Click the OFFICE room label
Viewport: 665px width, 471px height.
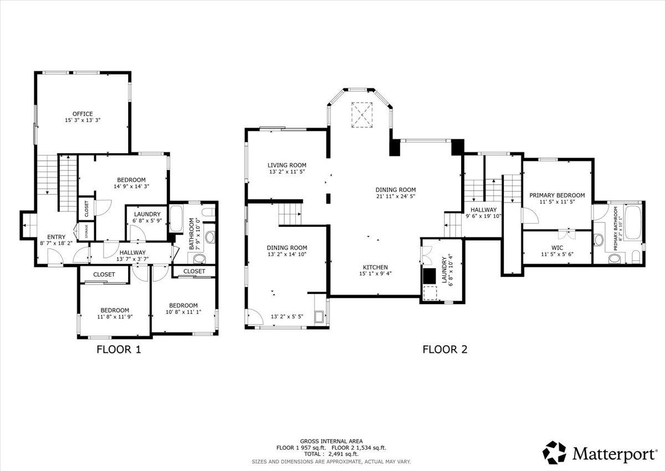coord(83,114)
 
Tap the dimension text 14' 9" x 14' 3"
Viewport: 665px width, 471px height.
coord(131,186)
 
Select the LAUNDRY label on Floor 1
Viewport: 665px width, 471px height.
coord(147,214)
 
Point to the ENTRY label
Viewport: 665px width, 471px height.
coord(56,237)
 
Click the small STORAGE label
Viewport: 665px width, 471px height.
coord(86,231)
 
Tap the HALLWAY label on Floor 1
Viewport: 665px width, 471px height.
coord(132,252)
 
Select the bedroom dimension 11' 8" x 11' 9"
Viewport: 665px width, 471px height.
coord(115,317)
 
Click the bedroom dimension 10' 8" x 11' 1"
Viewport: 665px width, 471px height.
coord(183,312)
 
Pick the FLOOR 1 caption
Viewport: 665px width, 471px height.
coord(119,350)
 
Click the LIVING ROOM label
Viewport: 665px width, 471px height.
coord(287,165)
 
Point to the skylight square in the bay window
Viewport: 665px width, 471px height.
coord(363,114)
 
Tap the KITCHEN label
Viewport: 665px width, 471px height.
coord(375,267)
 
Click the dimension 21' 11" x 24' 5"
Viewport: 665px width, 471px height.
coord(395,196)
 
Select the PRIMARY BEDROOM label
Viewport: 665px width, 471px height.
coord(556,195)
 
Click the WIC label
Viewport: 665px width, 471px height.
coord(557,247)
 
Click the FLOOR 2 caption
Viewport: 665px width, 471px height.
coord(445,350)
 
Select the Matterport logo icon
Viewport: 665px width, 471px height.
coord(554,453)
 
